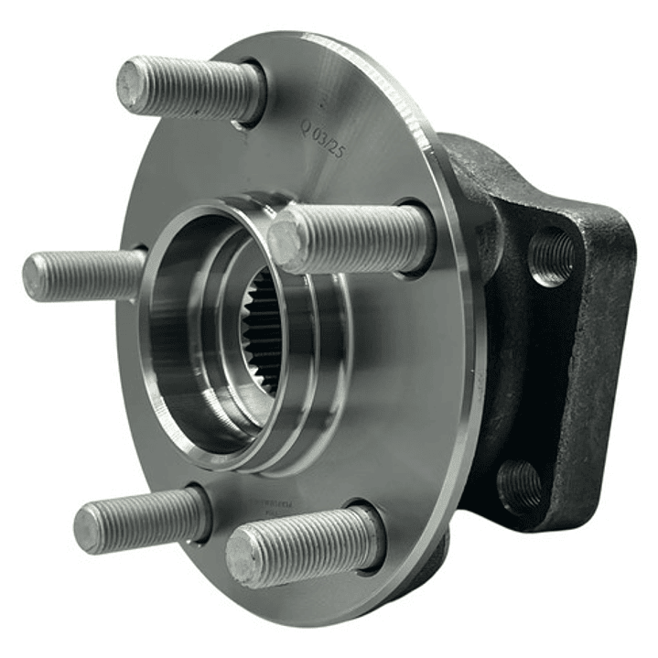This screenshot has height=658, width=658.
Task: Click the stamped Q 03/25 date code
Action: (x=322, y=137)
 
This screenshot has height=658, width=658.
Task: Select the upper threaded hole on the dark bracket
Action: (x=552, y=255)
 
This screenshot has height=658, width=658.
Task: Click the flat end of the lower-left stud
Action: (x=89, y=528)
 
